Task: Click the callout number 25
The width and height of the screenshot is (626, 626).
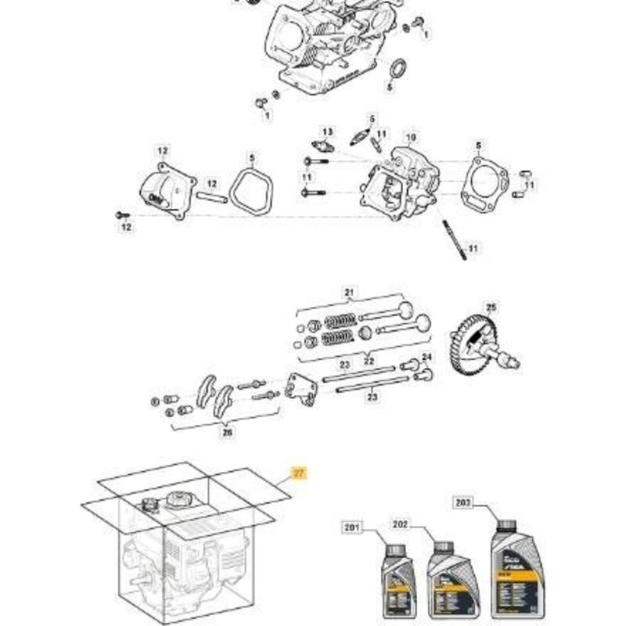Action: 491,307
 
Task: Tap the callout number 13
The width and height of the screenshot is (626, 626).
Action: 327,131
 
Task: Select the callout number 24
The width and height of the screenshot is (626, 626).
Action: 426,358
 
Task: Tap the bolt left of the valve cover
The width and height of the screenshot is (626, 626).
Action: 122,214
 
